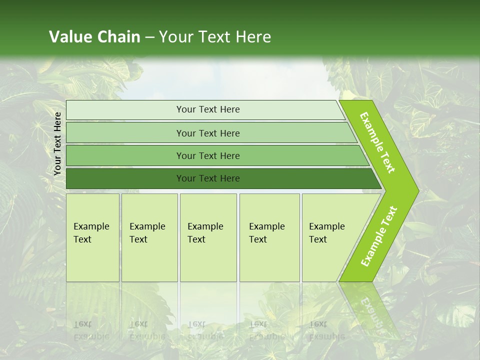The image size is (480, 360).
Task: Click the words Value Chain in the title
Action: [x=94, y=36]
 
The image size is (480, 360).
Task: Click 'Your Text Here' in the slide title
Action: [x=215, y=36]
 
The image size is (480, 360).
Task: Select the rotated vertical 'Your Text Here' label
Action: [x=57, y=143]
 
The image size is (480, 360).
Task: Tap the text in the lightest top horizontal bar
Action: [x=208, y=109]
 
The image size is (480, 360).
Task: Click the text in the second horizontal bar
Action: [x=208, y=133]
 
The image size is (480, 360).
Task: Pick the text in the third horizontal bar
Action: [x=208, y=155]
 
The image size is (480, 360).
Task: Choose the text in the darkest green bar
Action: [x=208, y=178]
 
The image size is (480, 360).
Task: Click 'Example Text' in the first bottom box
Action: [x=91, y=233]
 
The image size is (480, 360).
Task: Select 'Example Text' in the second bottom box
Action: [x=147, y=233]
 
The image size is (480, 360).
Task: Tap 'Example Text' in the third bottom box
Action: [x=205, y=233]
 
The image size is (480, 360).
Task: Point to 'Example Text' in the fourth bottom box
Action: [x=266, y=233]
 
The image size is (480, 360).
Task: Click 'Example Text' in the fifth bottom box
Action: [x=326, y=233]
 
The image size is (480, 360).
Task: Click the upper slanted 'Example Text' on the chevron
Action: [x=377, y=142]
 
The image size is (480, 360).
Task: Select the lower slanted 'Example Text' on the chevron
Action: [x=379, y=236]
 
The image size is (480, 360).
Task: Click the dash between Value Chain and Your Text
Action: [x=149, y=37]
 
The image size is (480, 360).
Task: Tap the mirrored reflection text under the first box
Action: [x=91, y=330]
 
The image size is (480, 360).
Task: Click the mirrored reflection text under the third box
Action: [x=205, y=330]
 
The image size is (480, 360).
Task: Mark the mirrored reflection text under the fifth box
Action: [x=326, y=330]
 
